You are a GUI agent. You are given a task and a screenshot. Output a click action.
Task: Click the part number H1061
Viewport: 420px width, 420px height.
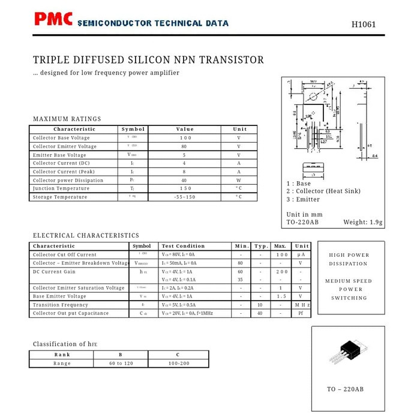click(364, 25)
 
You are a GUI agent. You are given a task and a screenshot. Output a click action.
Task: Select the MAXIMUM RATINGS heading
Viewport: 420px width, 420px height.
click(67, 119)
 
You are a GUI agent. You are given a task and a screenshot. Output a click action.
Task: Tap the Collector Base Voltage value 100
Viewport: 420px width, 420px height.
click(185, 138)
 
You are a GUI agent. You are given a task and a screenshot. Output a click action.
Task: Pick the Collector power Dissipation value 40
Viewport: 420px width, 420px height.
click(184, 180)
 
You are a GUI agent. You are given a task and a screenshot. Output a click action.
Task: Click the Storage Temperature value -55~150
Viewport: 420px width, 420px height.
click(184, 197)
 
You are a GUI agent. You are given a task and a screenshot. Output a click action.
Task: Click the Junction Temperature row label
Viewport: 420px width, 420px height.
click(61, 188)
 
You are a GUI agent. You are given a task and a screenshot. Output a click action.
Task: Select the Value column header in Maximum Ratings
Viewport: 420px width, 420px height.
click(185, 129)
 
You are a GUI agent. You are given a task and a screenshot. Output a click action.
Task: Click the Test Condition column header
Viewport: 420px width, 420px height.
click(184, 246)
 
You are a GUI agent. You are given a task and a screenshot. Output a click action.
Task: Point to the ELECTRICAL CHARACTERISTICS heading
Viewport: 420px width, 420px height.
click(86, 236)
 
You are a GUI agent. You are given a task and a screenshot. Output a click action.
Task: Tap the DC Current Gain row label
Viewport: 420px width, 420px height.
click(54, 272)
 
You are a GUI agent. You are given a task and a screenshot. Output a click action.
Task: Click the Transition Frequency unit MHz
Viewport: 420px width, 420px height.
click(302, 305)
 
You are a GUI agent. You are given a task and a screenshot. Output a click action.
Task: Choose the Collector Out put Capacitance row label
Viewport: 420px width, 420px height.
click(71, 313)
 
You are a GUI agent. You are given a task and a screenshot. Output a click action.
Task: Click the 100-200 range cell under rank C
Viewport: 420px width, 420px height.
click(178, 363)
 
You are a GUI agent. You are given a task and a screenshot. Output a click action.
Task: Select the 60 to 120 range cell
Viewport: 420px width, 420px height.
click(121, 363)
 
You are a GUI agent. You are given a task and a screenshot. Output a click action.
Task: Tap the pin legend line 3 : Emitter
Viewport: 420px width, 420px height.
click(303, 199)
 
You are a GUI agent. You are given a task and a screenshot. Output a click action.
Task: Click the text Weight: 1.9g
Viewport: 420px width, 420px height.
click(362, 223)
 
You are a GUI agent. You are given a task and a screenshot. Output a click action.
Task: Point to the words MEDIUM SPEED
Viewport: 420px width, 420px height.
click(349, 281)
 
